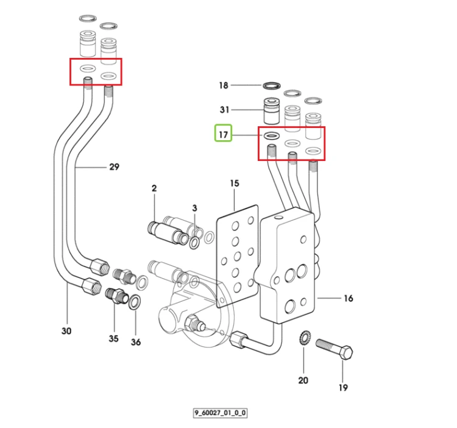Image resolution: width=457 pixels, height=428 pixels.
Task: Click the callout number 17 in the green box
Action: [223, 135]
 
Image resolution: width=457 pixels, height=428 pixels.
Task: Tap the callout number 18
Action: [224, 85]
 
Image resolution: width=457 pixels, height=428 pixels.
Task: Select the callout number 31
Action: [224, 110]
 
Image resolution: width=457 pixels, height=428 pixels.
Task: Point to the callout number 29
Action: [115, 167]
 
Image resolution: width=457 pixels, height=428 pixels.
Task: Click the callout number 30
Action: [66, 331]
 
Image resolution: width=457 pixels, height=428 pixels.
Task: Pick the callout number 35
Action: [114, 338]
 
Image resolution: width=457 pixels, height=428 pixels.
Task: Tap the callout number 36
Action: [136, 342]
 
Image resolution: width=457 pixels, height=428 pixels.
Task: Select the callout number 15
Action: [235, 184]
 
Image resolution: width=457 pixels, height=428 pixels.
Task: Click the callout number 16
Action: [349, 298]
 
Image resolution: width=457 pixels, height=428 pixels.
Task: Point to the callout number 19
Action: [343, 388]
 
